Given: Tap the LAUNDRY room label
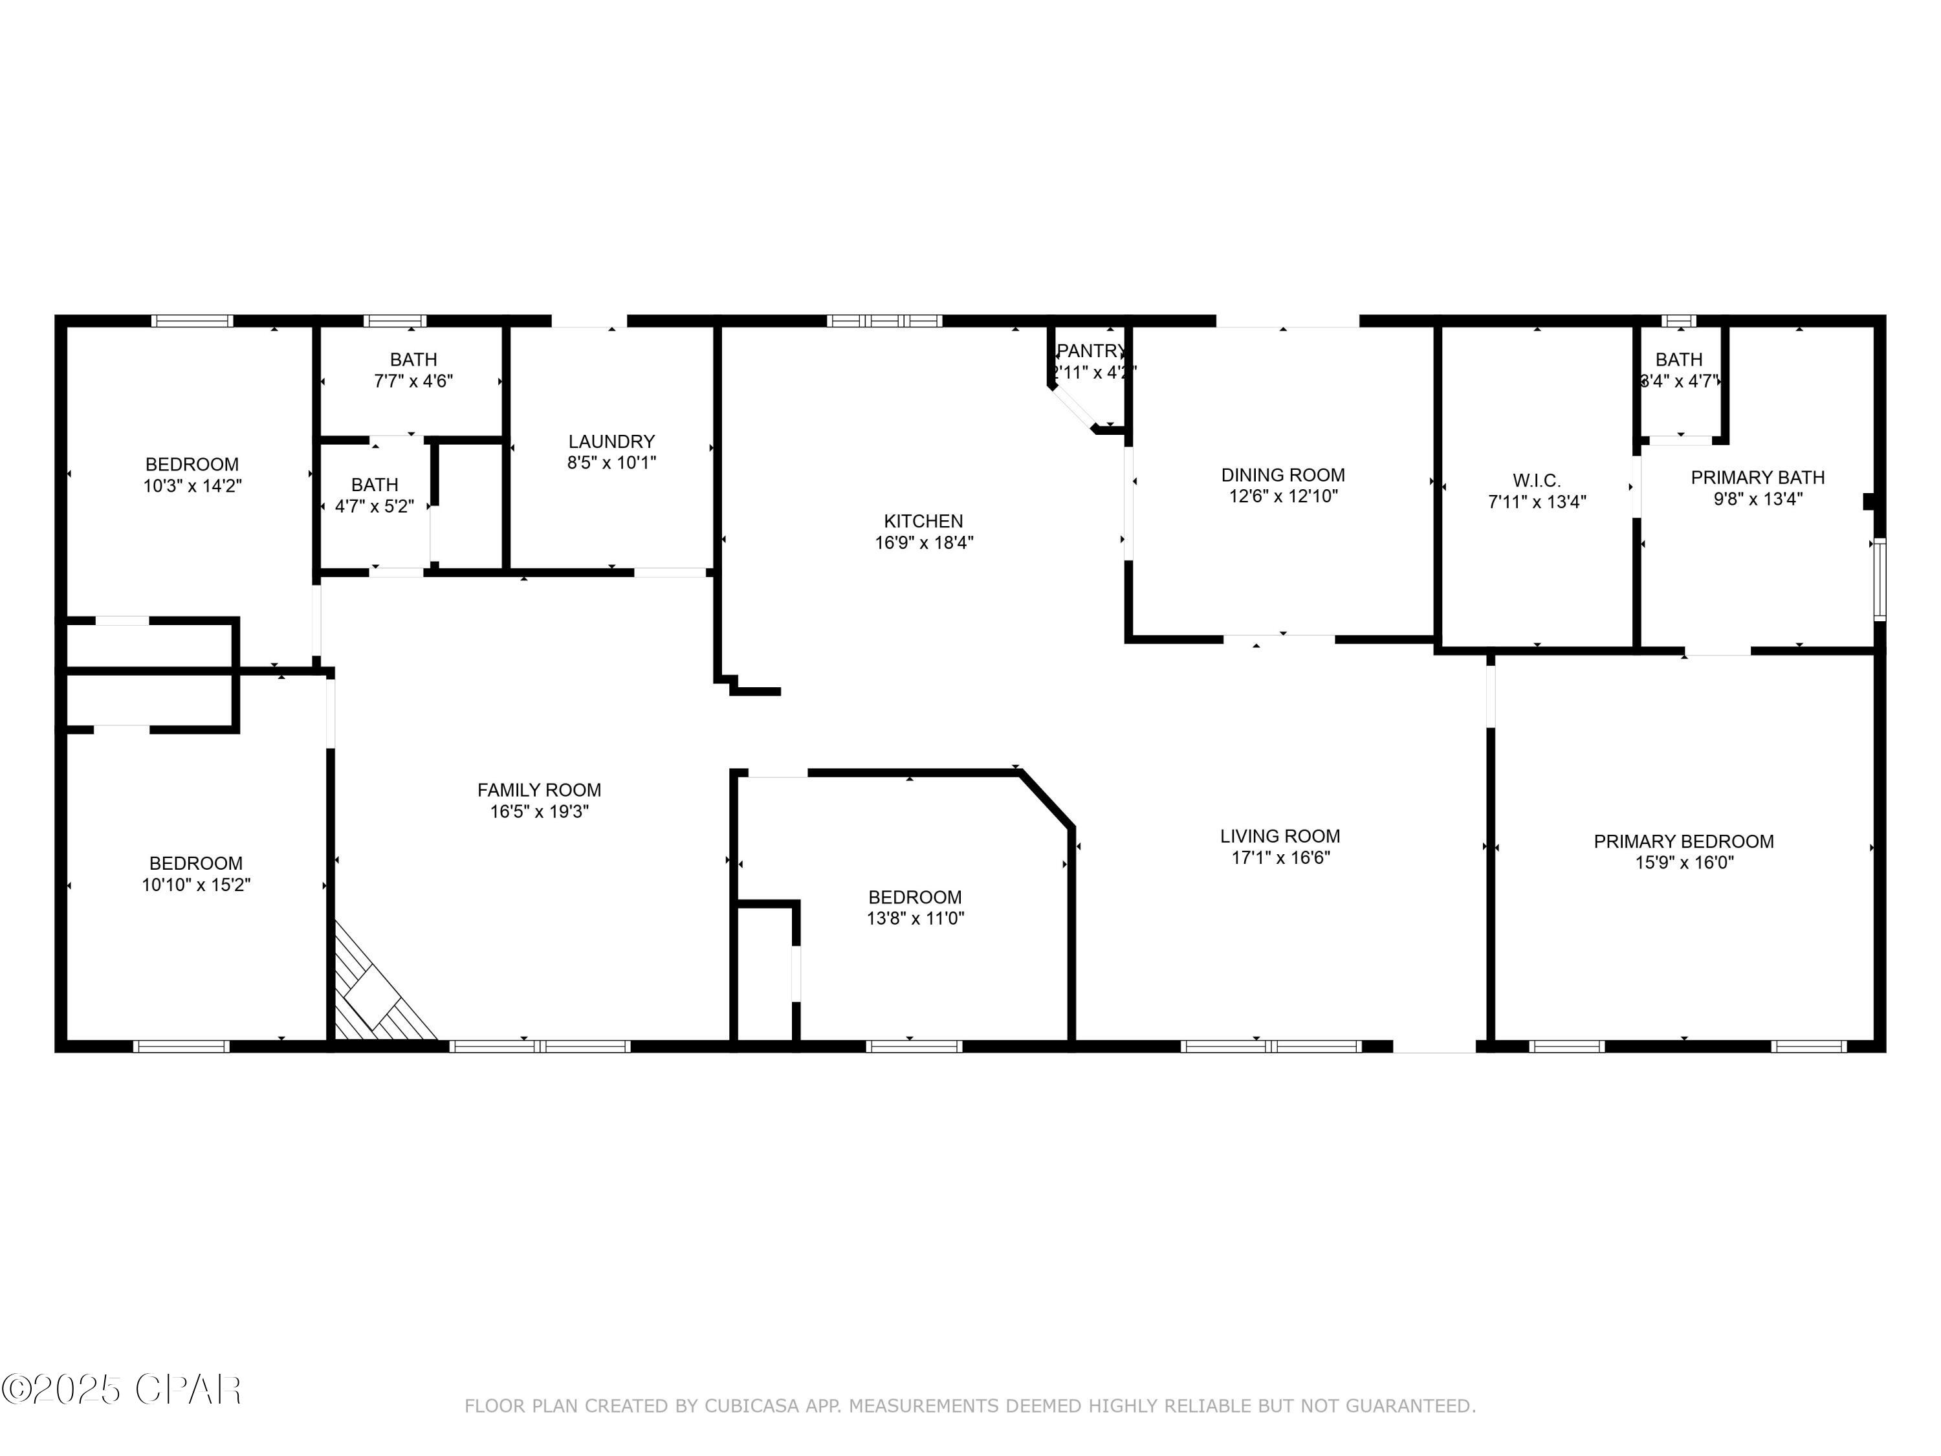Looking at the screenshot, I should point(611,441).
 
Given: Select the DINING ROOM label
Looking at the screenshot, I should point(1283,475).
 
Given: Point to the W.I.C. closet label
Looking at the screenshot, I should point(1537,481).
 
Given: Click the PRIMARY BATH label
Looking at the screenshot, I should point(1758,478).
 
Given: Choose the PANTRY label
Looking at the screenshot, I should point(1091,351).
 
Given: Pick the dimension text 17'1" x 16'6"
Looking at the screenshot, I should point(1280,857).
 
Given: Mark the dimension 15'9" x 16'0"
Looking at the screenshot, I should point(1684,863).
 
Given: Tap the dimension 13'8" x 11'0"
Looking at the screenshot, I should point(916,919).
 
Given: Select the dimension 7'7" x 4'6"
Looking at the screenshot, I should point(413,381).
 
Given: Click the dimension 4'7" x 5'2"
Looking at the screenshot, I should point(375,507).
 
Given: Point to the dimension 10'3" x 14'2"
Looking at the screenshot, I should point(192,486).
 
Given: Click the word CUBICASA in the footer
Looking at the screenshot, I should point(751,1406).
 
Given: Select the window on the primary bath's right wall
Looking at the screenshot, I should point(1879,579).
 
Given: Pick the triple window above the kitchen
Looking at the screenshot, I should point(884,321).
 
